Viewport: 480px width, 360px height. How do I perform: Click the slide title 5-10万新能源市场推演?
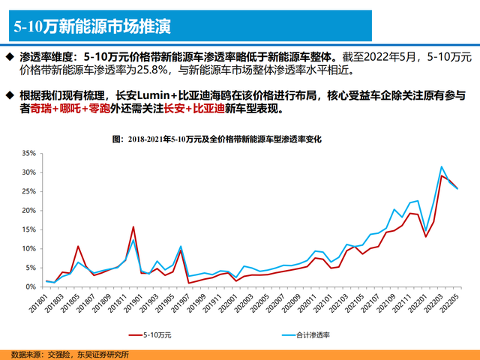click(x=91, y=27)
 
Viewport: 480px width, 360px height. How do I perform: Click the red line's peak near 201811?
click(x=133, y=226)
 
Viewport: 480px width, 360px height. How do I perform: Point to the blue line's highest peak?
click(x=442, y=166)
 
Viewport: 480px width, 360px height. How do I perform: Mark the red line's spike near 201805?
click(x=78, y=246)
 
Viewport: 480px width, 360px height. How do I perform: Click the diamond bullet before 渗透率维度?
click(x=10, y=57)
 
